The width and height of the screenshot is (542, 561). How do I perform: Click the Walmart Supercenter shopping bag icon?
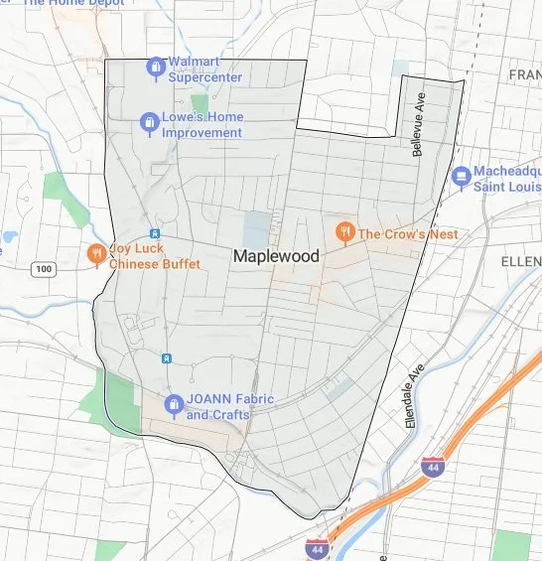click(x=155, y=68)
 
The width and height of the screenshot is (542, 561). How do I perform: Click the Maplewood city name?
click(x=276, y=256)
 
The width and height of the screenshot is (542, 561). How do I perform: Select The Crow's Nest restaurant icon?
click(x=343, y=233)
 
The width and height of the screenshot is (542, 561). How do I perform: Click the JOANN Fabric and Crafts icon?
click(x=173, y=405)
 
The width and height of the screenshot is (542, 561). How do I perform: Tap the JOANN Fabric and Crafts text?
click(x=229, y=407)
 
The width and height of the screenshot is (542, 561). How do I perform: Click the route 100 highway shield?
click(x=43, y=269)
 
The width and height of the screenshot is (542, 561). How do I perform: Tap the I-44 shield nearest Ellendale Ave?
click(x=432, y=466)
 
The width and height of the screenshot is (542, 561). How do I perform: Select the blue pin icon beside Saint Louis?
click(x=460, y=177)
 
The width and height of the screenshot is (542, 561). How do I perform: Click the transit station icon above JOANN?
click(x=167, y=357)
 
